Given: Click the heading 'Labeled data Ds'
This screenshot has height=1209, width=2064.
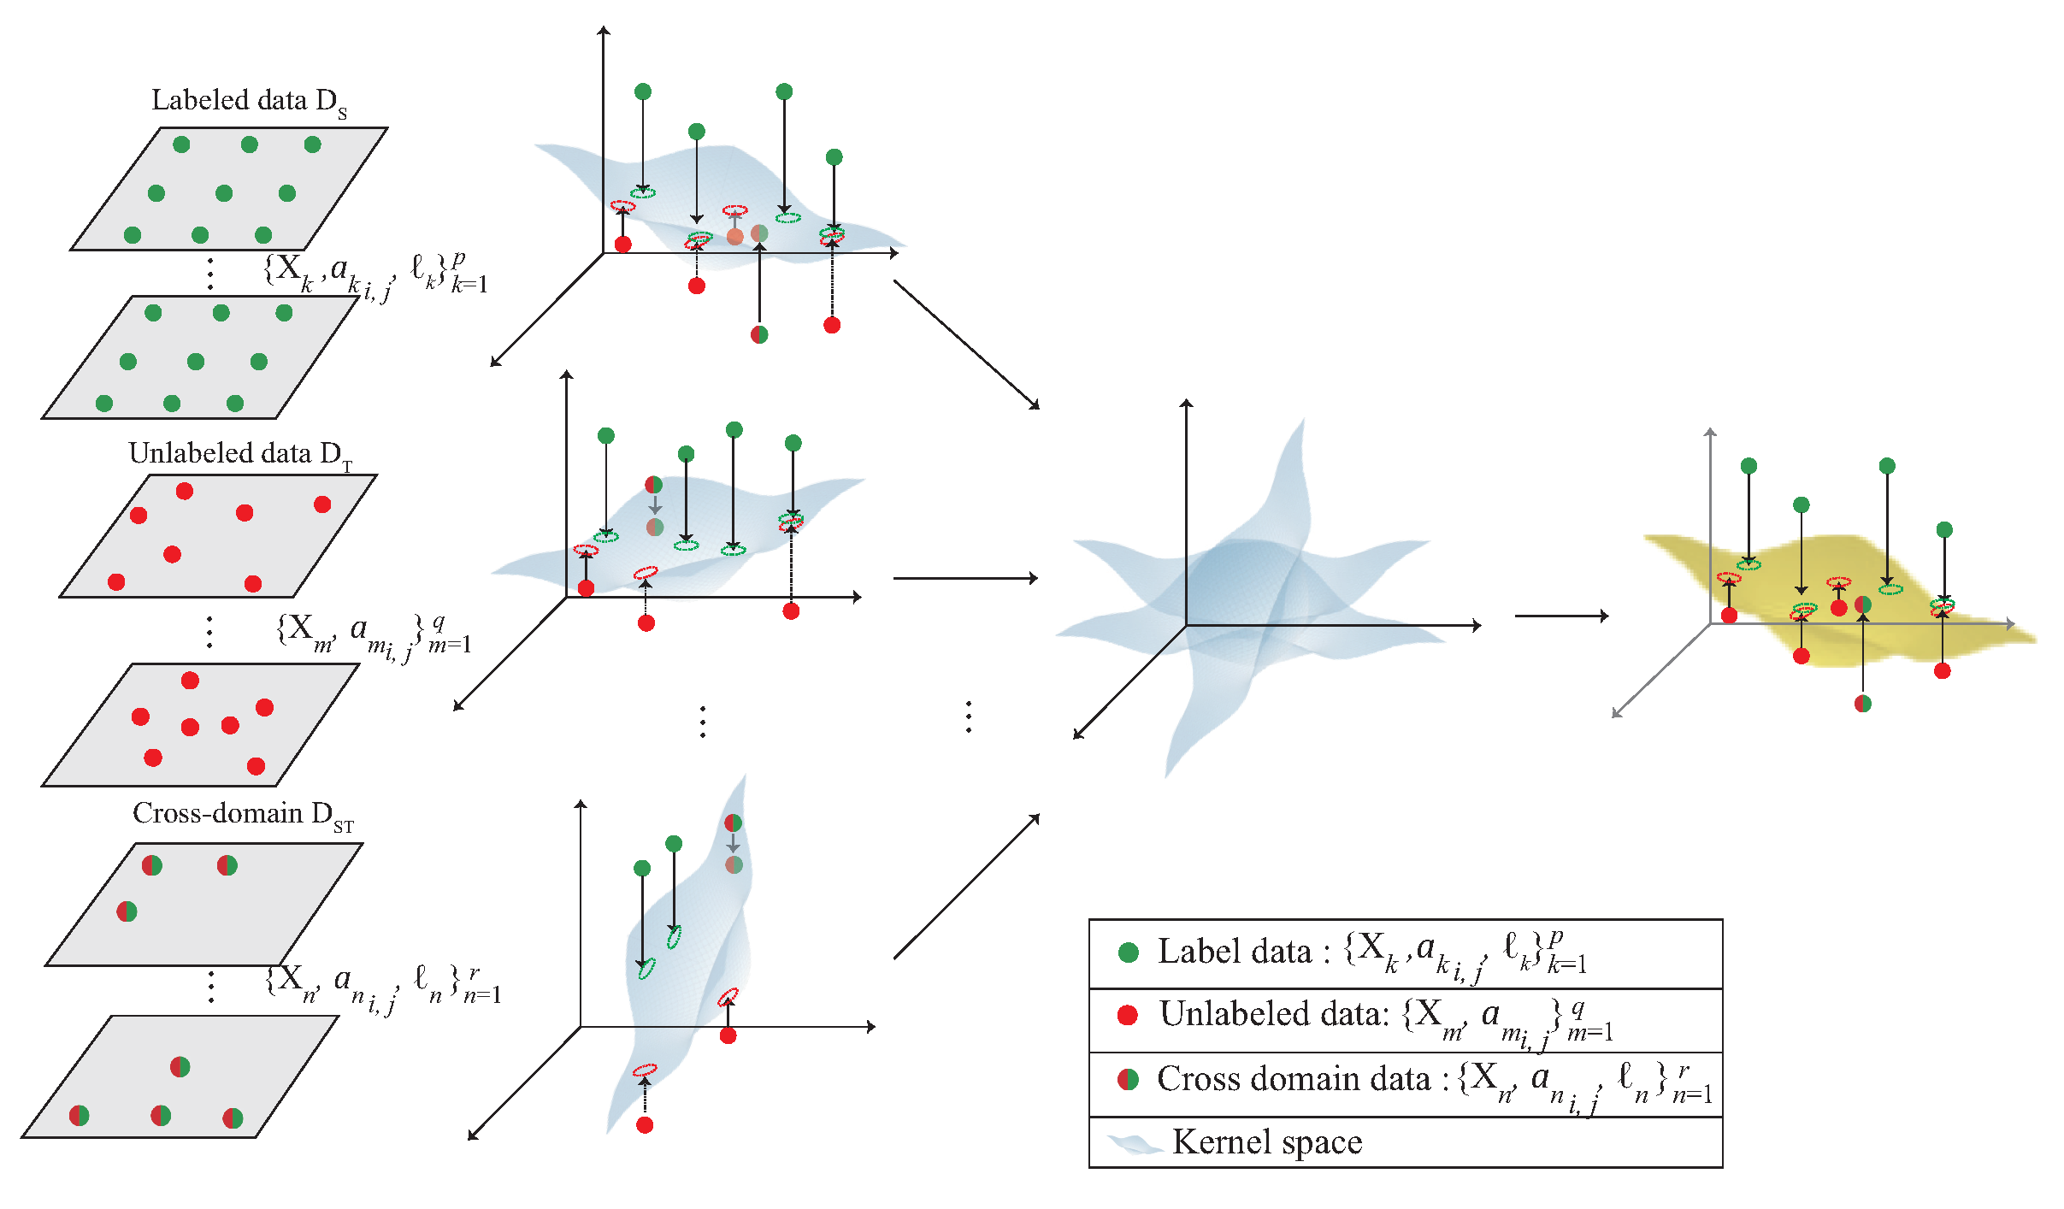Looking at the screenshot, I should coord(249,101).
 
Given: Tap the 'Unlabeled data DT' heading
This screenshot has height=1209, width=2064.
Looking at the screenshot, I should coord(240,454).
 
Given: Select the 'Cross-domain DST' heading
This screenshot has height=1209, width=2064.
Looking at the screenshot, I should coord(243,814).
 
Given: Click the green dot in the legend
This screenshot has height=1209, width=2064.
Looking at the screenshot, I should coord(1129,952).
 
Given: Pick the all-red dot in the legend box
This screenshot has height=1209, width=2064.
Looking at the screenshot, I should coord(1128,1015).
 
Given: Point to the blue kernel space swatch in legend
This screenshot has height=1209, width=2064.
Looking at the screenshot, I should coord(1134,1144).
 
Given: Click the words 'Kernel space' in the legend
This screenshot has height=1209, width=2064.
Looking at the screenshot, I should coord(1267,1142).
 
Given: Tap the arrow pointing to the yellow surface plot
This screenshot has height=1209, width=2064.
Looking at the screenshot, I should coord(1560,615).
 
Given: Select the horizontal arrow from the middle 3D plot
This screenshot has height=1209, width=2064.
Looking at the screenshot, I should coord(964,579).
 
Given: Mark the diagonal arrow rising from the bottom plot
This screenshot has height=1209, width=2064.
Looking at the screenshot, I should coord(966,888).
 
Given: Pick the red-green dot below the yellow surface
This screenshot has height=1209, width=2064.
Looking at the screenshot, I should coord(1863,704).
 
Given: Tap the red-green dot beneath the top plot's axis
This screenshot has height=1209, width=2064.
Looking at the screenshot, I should coord(759,334).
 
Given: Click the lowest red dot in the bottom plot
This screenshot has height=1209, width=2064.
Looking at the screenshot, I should coord(646,1125).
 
